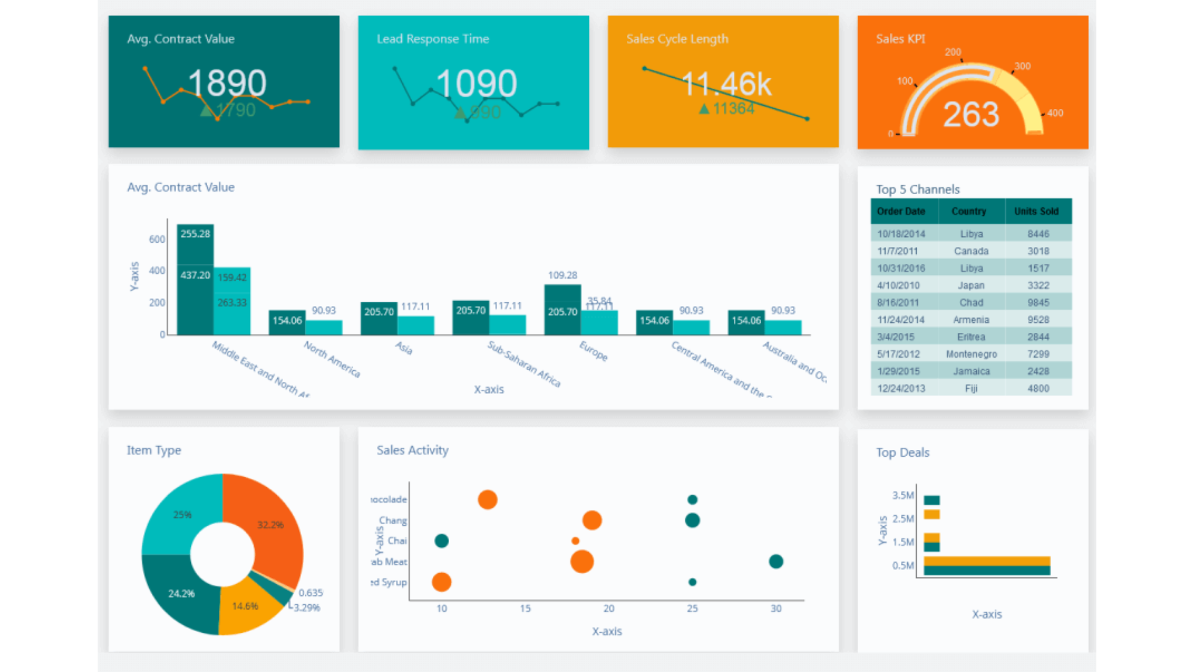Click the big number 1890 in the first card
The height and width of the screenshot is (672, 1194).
click(x=227, y=83)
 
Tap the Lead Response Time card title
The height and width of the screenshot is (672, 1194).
click(x=433, y=39)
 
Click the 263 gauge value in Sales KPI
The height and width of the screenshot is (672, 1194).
click(x=971, y=114)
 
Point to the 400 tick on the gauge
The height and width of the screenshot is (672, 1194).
click(x=1055, y=113)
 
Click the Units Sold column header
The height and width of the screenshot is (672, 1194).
click(x=1036, y=212)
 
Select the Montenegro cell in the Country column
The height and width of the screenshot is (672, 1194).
click(x=971, y=354)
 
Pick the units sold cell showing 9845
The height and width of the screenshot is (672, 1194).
click(x=1038, y=302)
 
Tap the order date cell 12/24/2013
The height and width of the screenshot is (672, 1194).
click(x=901, y=388)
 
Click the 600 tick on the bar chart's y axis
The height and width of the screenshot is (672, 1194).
click(x=157, y=240)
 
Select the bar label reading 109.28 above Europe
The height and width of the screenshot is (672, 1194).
click(x=562, y=275)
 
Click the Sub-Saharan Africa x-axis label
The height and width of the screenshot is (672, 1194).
click(x=524, y=365)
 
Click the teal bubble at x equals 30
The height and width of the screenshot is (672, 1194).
click(x=775, y=561)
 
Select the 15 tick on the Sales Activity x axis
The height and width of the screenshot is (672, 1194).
click(x=525, y=609)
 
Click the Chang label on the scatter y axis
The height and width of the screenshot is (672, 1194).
click(x=392, y=520)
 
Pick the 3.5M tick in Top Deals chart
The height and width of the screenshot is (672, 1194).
click(x=902, y=495)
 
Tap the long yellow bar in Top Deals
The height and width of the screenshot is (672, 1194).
click(x=986, y=561)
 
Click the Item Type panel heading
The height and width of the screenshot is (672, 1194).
click(x=154, y=450)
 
